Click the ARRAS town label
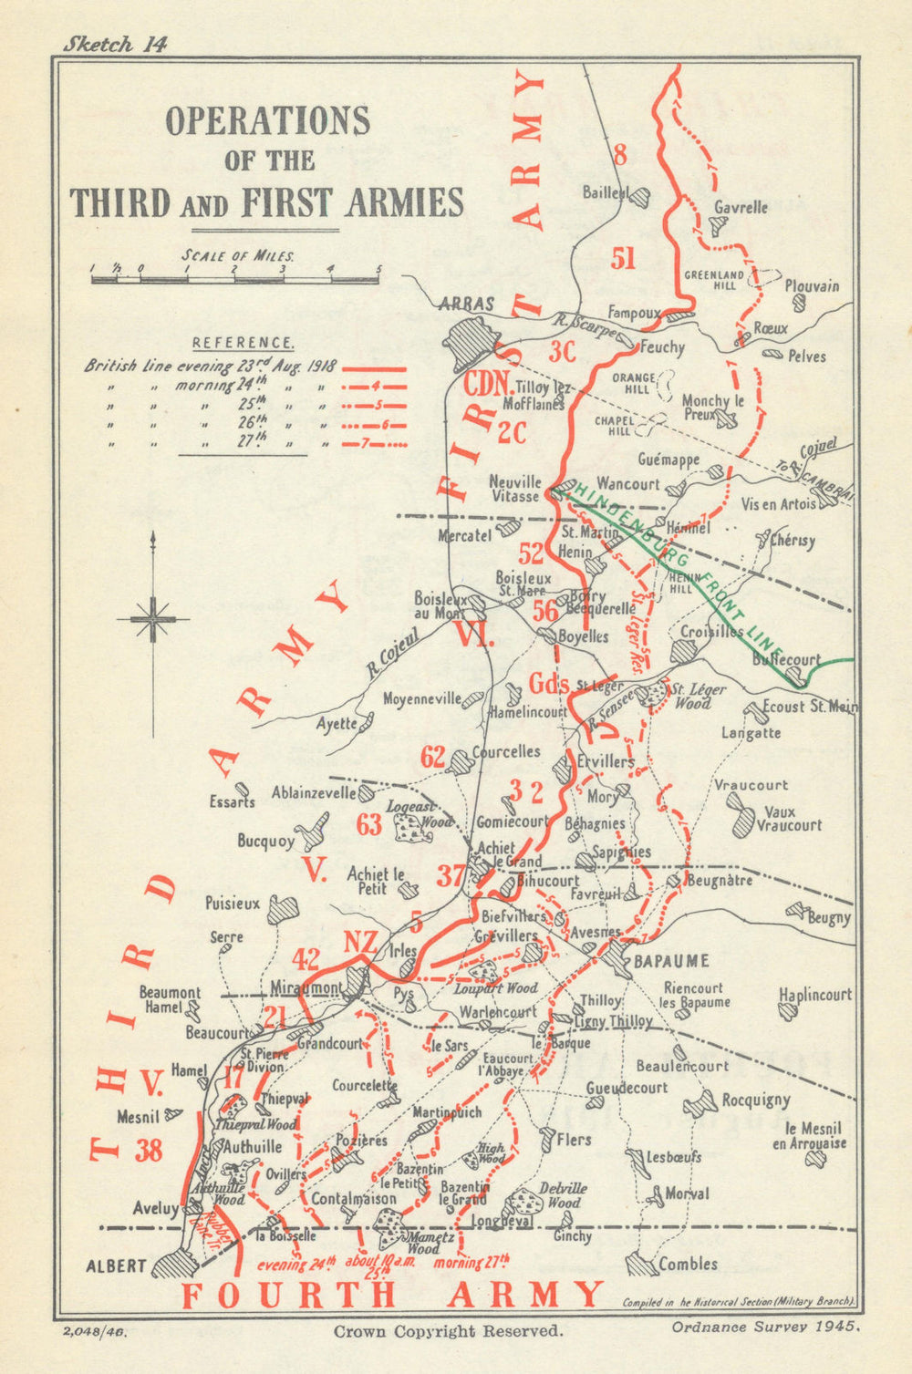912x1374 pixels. [466, 305]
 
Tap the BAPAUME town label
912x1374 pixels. [671, 961]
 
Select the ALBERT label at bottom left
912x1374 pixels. [116, 1266]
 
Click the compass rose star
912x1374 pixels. [152, 619]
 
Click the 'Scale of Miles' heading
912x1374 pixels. [237, 256]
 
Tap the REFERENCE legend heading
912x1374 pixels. [243, 344]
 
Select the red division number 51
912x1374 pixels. [624, 259]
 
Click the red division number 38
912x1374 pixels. [149, 1151]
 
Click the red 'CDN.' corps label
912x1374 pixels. [486, 385]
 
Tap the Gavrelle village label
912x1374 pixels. [741, 208]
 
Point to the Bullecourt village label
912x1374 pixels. [786, 659]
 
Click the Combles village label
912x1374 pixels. [688, 1265]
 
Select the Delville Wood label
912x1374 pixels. [563, 1194]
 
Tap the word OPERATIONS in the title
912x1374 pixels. [267, 121]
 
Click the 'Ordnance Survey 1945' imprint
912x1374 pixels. [766, 1327]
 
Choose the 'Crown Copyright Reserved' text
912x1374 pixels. [448, 1331]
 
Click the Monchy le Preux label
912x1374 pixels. [713, 407]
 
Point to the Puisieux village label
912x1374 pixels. [233, 904]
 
